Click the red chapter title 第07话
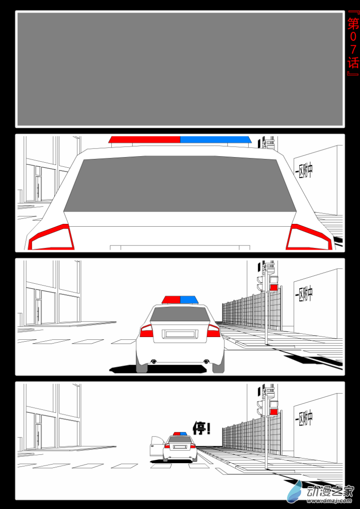tap(353, 43)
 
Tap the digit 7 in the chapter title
tap(353, 49)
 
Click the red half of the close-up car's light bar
tap(144, 140)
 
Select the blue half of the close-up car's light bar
tap(216, 140)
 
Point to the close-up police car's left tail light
tap(51, 237)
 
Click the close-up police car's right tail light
tap(309, 237)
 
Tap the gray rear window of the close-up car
tap(180, 184)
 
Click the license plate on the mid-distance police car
tap(180, 334)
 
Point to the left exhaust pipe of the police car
tap(153, 361)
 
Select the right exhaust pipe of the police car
tap(206, 361)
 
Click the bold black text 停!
tap(202, 428)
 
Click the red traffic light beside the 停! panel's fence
tap(274, 412)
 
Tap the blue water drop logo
tap(295, 491)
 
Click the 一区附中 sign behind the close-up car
tap(304, 171)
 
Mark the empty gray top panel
tap(180, 69)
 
